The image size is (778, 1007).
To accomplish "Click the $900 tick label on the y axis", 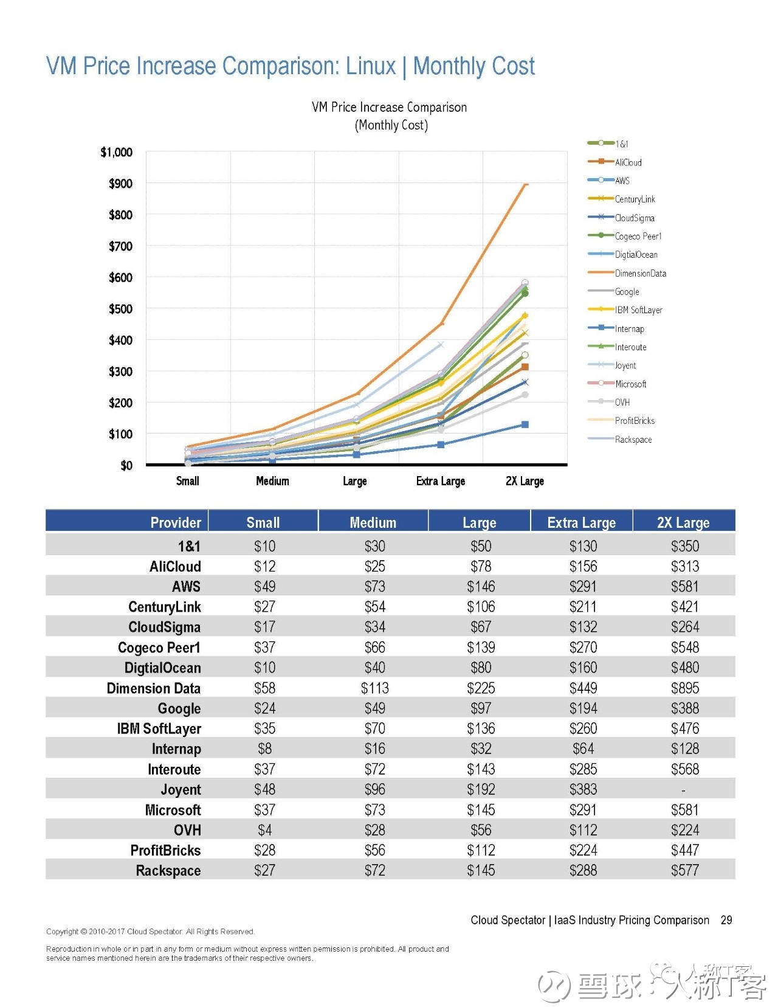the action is click(x=120, y=184).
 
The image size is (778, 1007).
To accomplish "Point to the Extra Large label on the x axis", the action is click(x=441, y=482).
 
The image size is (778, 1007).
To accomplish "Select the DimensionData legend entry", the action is click(x=627, y=274).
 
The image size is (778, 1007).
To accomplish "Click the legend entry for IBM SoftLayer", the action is click(x=625, y=310).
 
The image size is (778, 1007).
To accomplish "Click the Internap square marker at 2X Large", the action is click(x=525, y=424).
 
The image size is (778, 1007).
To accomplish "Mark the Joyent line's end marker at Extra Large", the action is click(x=441, y=345).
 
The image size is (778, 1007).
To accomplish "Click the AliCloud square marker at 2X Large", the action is click(x=525, y=367).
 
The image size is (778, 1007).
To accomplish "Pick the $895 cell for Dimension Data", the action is click(x=685, y=688).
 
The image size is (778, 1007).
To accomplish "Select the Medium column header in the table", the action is click(x=373, y=523).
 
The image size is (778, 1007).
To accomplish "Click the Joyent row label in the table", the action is click(x=181, y=791).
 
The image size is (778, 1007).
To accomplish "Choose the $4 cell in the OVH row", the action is click(x=264, y=831).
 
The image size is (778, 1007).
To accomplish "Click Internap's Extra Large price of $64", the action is click(x=583, y=749).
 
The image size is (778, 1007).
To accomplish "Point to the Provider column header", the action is click(x=176, y=523).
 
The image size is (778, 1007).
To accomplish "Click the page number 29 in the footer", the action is click(x=726, y=920).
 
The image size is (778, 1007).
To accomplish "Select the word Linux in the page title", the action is click(x=371, y=66).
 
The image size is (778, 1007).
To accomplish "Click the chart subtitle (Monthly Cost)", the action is click(x=391, y=125).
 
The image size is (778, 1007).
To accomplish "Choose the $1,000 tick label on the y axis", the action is click(x=116, y=153).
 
